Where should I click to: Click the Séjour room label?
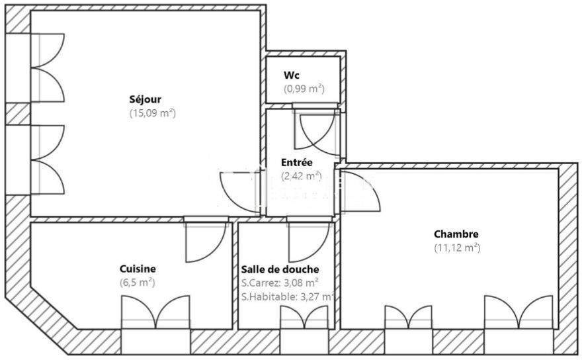pos(145,99)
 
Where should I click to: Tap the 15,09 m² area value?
pos(152,113)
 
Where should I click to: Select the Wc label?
pos(292,75)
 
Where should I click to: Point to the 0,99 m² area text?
pos(304,89)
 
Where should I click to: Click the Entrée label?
pos(296,162)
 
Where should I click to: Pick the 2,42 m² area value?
pos(302,175)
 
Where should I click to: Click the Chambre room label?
pos(456,234)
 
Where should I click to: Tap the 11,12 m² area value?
pos(457,247)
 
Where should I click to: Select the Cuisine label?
pos(138,269)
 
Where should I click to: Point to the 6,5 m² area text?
pos(137,283)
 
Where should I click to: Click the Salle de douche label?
pos(280,269)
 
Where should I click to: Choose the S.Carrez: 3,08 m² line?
pos(280,283)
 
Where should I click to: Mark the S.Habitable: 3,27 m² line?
pos(288,296)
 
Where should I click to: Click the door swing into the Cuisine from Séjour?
pos(205,242)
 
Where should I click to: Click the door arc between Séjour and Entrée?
pos(241,193)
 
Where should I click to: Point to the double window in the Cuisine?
pos(155,312)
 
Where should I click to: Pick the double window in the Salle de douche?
pos(304,317)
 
